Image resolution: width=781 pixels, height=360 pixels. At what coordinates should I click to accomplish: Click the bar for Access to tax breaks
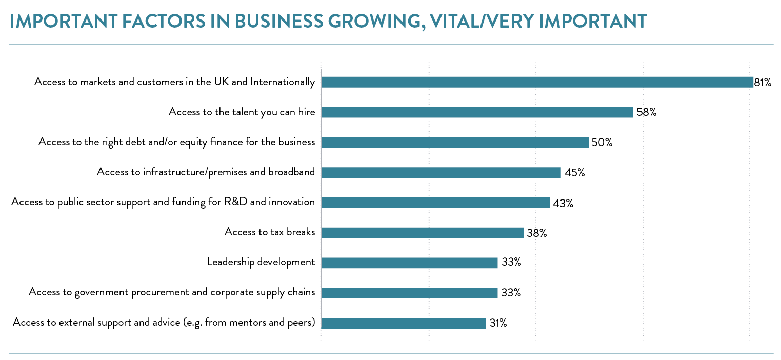423,233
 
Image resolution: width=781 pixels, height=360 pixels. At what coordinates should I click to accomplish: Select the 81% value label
763,82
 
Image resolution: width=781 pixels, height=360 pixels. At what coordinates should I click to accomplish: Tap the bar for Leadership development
409,263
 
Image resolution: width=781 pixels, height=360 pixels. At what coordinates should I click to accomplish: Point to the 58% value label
646,112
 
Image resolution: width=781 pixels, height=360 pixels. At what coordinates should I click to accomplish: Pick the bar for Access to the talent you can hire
477,112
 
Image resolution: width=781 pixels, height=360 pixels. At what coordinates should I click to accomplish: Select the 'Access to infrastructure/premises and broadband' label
206,172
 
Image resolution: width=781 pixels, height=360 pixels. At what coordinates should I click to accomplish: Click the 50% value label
602,143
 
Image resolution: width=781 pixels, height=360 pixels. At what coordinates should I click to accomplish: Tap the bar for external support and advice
404,323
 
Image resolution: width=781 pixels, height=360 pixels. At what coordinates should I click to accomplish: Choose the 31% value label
498,323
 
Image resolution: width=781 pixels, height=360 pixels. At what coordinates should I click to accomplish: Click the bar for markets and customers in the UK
537,82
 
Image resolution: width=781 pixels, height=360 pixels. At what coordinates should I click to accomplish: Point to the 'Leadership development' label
261,262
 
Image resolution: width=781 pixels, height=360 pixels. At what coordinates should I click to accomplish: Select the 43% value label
563,203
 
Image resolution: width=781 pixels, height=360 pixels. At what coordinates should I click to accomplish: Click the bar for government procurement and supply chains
409,293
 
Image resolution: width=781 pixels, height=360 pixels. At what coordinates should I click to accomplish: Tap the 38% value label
537,233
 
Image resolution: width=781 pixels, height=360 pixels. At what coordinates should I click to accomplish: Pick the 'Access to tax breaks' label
270,232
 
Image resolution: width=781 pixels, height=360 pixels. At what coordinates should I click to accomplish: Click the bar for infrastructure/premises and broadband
441,173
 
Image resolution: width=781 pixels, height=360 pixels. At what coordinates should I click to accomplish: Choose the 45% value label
575,173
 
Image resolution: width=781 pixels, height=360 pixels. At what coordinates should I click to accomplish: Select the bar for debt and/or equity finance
455,143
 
